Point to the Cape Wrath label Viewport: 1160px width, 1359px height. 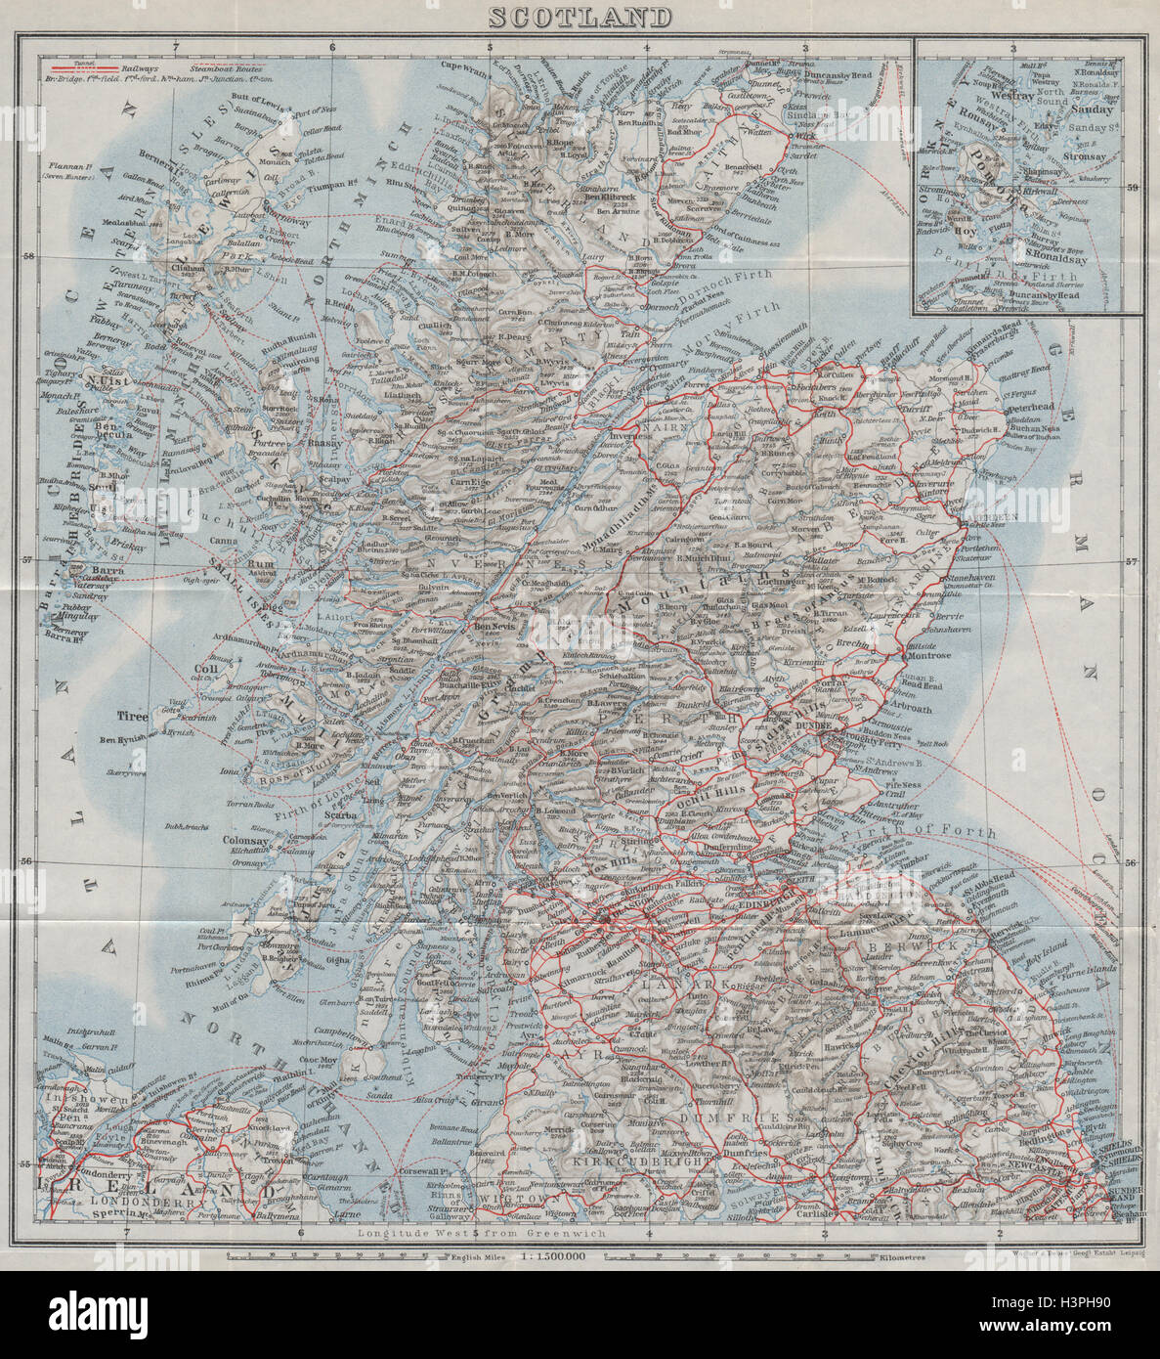coord(466,66)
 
